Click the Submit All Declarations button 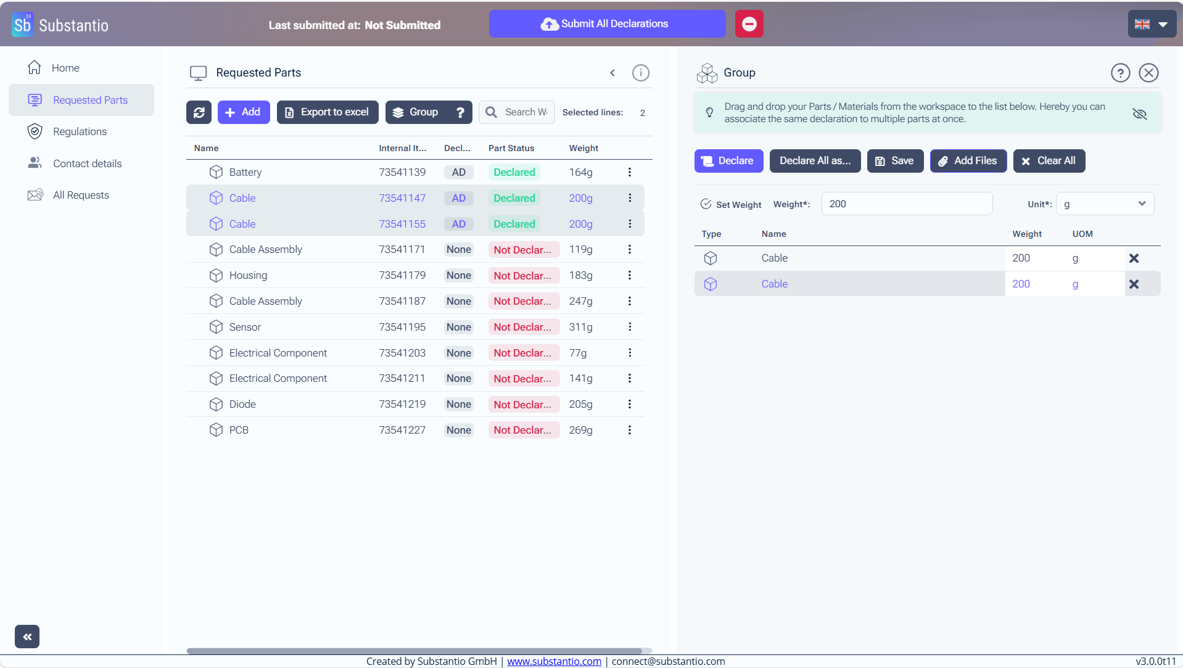(x=607, y=24)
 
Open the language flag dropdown (x=1152, y=25)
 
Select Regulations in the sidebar (x=80, y=131)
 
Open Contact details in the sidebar (x=87, y=163)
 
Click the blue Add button (x=243, y=112)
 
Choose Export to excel (x=327, y=112)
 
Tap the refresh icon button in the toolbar (x=199, y=112)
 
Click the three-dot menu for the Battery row (x=629, y=172)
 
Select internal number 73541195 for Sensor (x=402, y=327)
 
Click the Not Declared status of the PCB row (x=522, y=430)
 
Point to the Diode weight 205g (x=580, y=404)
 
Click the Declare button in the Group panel (x=728, y=161)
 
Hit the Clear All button (x=1049, y=161)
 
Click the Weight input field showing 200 (x=906, y=204)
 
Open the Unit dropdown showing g (x=1104, y=204)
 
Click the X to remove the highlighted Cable (x=1134, y=284)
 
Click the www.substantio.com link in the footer (x=554, y=661)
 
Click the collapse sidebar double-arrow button (x=27, y=637)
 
